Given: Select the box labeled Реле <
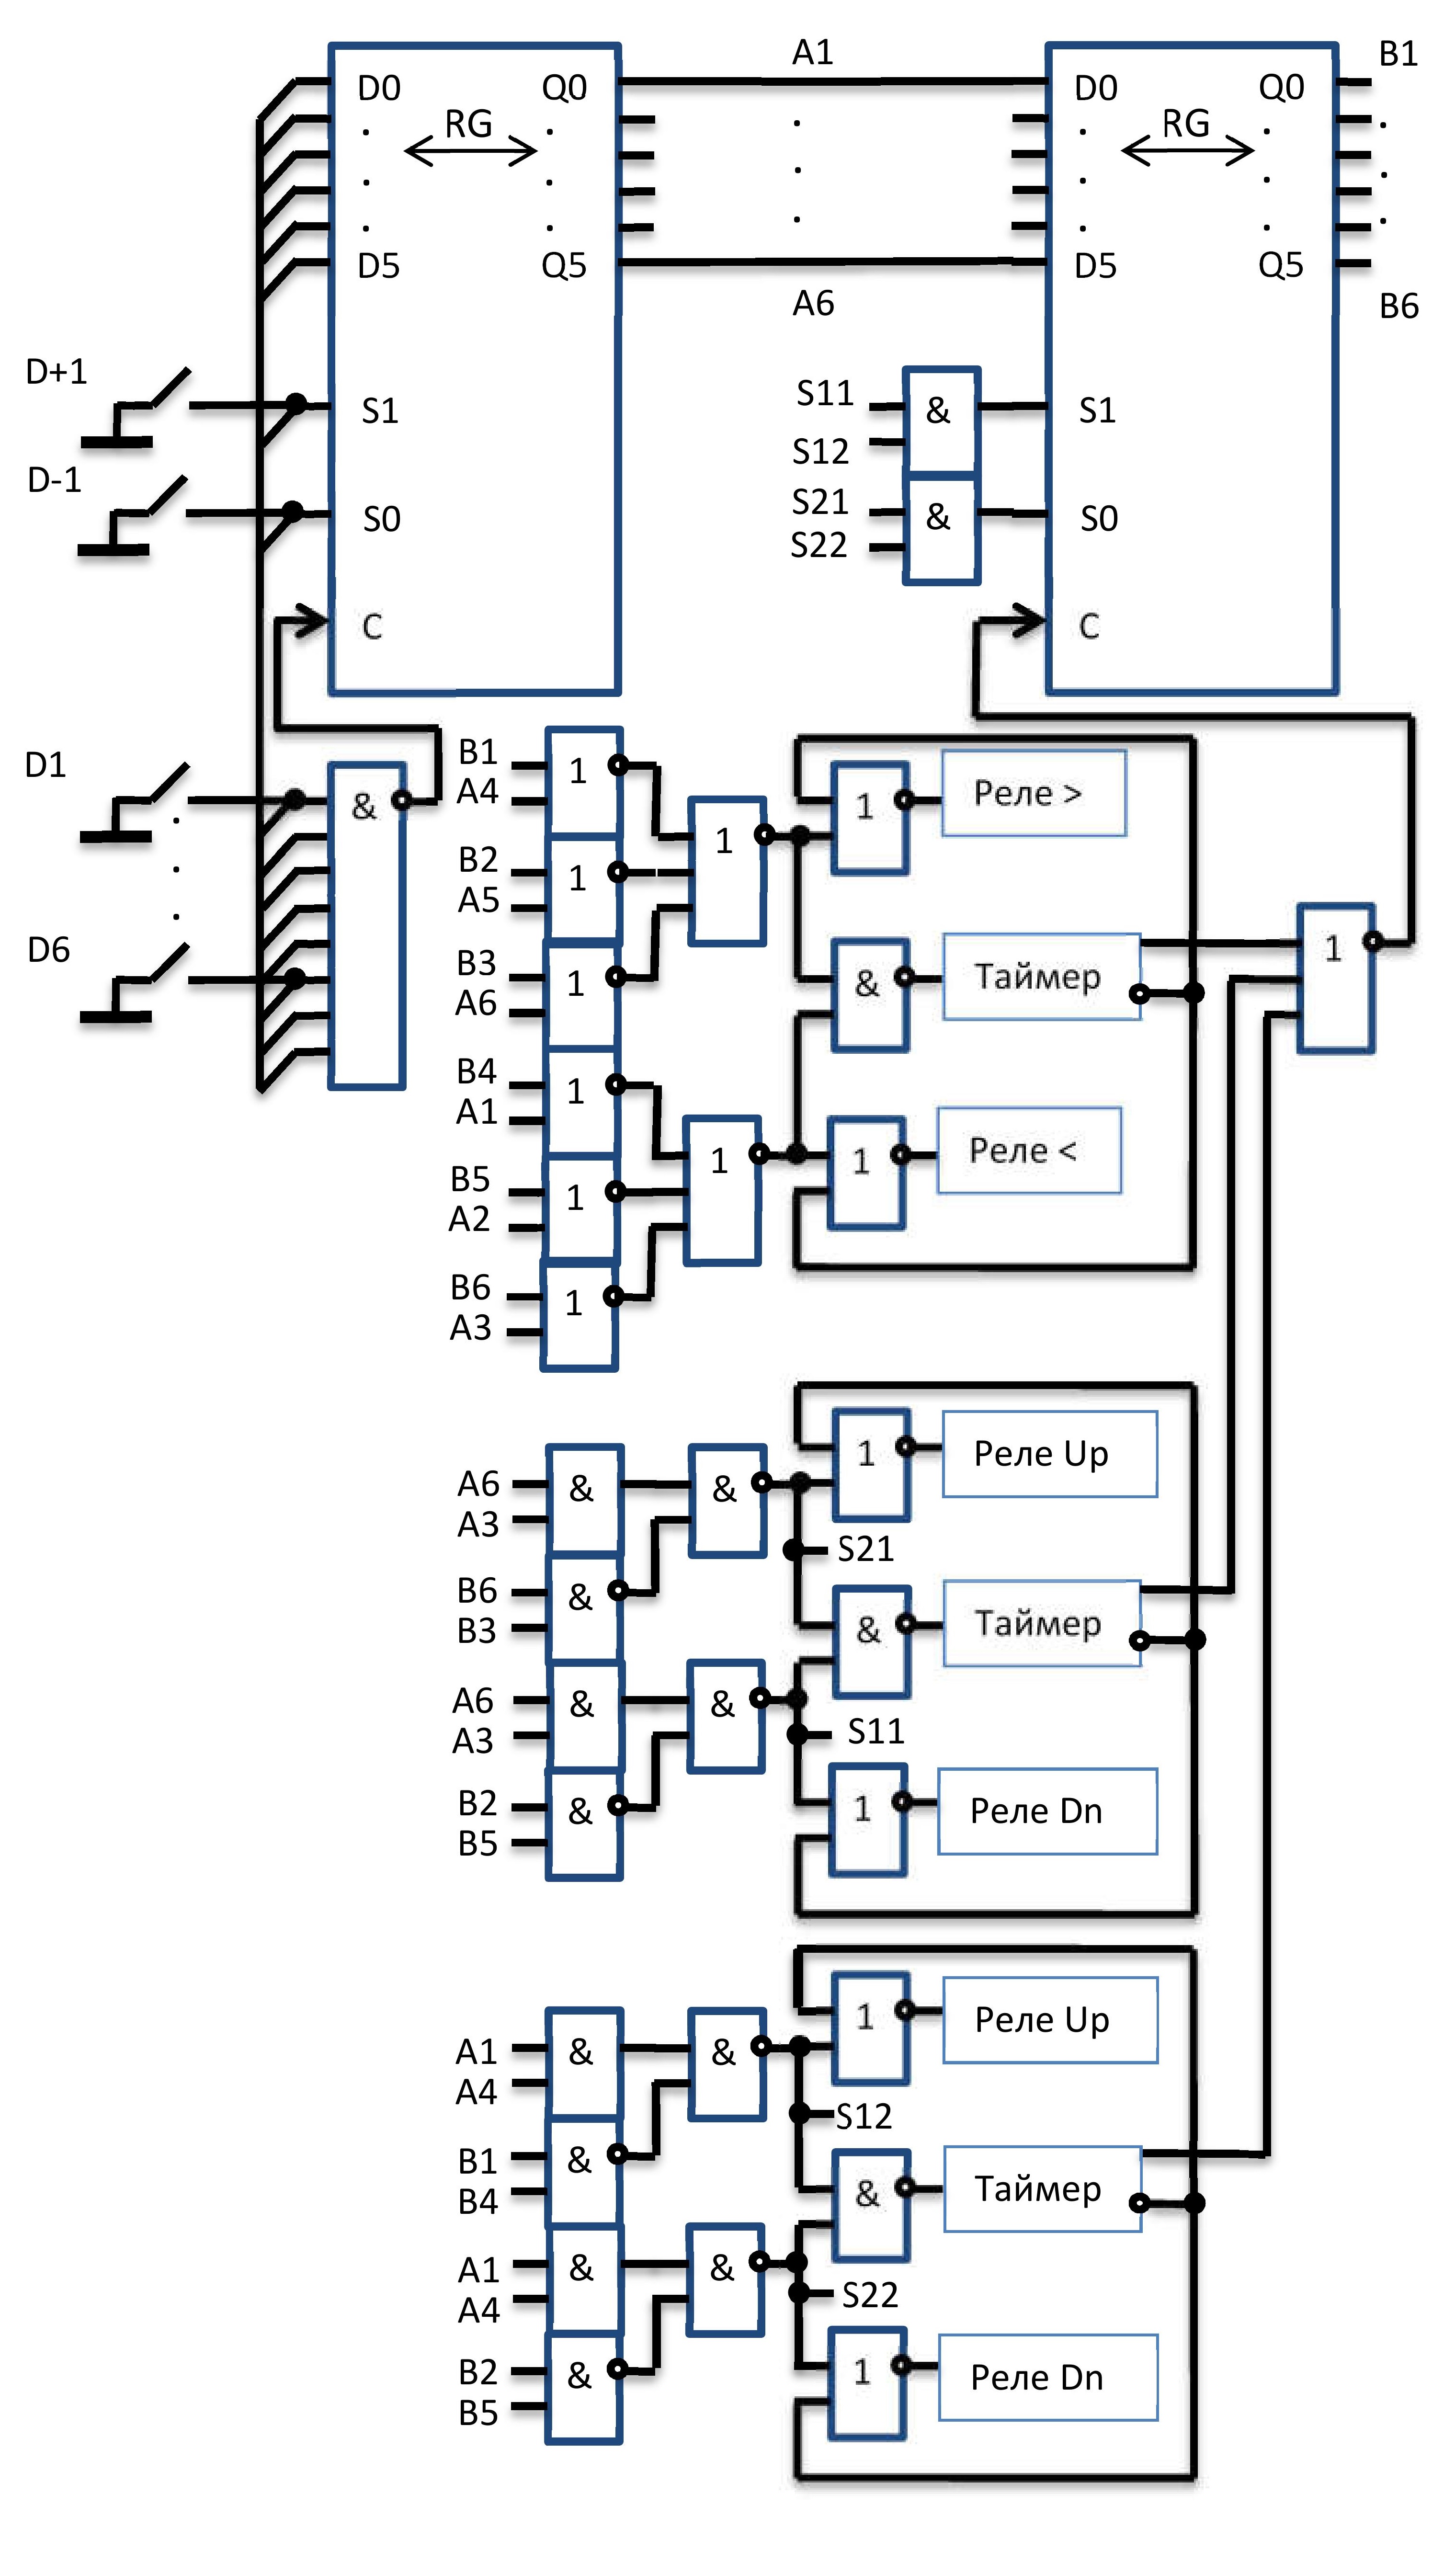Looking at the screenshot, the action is coord(1029,1150).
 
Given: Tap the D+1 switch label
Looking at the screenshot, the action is coord(56,372).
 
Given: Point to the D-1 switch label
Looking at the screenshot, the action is coord(54,480).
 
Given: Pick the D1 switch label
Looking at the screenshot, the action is coord(45,765).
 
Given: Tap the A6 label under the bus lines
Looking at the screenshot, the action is coord(813,303).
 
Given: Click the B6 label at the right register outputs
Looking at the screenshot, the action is coord(1399,306).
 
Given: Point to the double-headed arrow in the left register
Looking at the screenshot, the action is coord(470,151).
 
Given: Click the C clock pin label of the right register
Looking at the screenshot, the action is coord(1089,626).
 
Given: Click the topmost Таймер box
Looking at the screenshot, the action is coord(1041,976).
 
